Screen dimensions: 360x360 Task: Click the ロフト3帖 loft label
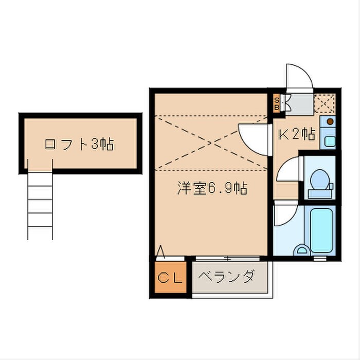[79, 143]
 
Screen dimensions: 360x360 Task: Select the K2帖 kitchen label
[296, 134]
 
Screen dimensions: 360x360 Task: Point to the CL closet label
[170, 278]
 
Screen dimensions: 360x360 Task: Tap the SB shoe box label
[276, 104]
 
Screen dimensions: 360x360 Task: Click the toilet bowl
[319, 180]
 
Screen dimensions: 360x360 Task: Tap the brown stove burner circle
[329, 122]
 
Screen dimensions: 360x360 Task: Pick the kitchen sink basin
[329, 139]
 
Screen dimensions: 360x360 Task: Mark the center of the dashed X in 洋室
[211, 142]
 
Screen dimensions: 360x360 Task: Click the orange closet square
[170, 278]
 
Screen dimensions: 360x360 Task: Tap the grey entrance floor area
[298, 104]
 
